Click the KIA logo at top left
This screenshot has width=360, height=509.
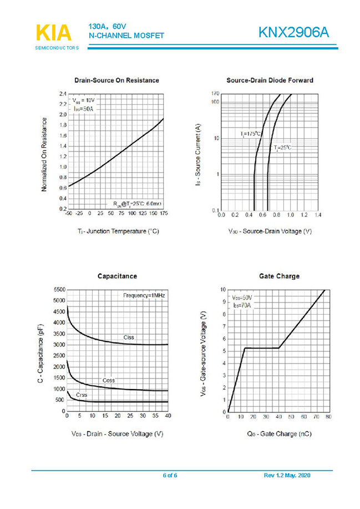54,33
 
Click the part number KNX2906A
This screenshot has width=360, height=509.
293,33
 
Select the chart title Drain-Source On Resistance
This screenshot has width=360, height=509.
116,80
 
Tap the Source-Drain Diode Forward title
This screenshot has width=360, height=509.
270,80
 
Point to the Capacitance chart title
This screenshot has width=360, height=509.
117,276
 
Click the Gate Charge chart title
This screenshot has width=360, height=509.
279,276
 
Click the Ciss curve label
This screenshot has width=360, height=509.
129,337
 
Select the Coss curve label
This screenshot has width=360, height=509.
109,380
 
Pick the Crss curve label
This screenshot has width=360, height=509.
82,395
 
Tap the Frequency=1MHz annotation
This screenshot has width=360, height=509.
144,296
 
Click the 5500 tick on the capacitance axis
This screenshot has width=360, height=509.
59,290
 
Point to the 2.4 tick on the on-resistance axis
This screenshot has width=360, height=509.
63,94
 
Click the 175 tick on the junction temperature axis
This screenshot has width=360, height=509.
164,213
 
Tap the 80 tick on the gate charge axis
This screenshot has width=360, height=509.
328,416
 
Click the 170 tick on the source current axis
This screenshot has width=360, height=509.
215,93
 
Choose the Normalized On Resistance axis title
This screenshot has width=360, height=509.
44,155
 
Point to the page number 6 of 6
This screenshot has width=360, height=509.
170,475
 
